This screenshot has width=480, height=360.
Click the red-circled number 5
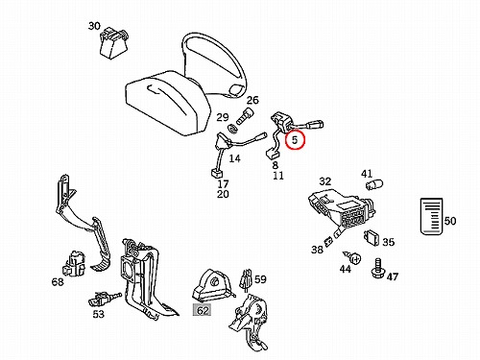pos(295,139)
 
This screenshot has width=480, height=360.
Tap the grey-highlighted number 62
pos(203,310)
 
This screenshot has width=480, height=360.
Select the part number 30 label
pos(94,26)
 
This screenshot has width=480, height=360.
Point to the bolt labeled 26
pos(245,116)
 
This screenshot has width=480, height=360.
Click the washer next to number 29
pos(232,130)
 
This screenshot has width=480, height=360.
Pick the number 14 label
pos(234,158)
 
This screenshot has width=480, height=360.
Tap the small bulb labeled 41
pos(374,185)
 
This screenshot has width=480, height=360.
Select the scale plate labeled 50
pos(431,216)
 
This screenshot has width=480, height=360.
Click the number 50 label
pos(450,221)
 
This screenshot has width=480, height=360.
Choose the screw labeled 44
pos(352,257)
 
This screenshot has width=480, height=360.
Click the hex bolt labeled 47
pos(378,269)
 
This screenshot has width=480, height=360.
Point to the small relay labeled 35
pos(372,238)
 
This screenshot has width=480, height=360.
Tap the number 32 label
pos(324,181)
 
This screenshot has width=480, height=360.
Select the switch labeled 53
pos(105,299)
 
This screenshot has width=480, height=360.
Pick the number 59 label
pos(260,279)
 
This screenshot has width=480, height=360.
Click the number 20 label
pos(223,194)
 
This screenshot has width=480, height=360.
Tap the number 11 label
pos(278,176)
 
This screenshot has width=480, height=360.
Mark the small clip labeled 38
pos(327,242)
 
